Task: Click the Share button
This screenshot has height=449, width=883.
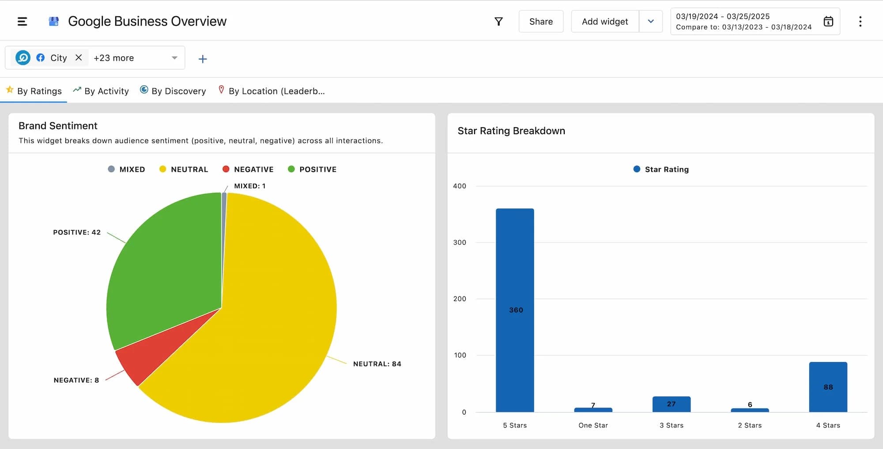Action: [x=541, y=22]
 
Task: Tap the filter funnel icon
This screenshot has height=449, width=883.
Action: [x=498, y=22]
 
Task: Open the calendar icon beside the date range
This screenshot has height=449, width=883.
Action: [x=828, y=21]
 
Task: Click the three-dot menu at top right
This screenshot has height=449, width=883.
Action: [x=860, y=22]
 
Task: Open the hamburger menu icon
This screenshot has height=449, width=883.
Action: [x=22, y=21]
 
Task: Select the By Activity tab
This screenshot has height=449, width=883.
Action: [x=101, y=91]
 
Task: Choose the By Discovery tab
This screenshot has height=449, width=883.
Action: [x=173, y=91]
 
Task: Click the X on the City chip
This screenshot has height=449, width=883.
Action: [x=79, y=57]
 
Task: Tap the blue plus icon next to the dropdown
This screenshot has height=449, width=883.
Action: [x=203, y=59]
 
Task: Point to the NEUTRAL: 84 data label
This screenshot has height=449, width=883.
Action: [x=377, y=364]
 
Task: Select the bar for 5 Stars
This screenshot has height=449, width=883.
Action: [x=515, y=309]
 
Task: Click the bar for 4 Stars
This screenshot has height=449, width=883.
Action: [x=828, y=387]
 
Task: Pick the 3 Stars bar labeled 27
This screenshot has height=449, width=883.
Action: [x=671, y=404]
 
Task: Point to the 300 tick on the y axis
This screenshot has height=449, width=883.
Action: [x=460, y=242]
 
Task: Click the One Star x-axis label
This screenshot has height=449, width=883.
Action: [x=593, y=425]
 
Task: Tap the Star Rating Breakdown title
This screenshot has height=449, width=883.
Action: [x=511, y=131]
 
